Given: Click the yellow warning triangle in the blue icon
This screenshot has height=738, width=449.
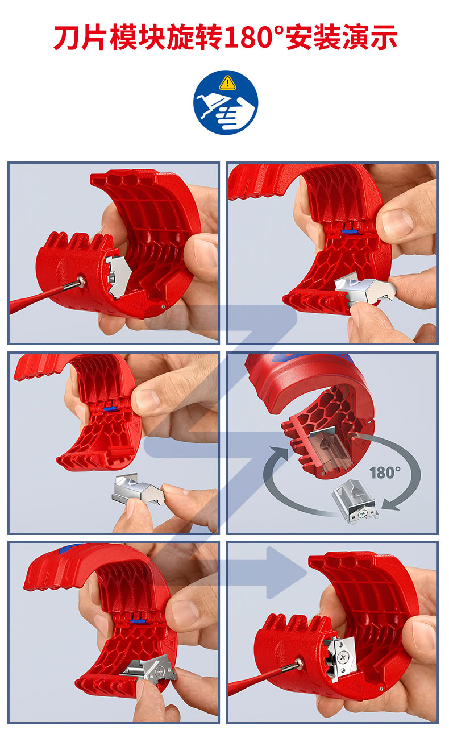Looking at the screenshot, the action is [x=228, y=82].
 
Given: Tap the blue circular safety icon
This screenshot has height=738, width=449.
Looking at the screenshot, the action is [x=226, y=102].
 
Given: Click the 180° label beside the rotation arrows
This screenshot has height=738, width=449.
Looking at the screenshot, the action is [x=385, y=473].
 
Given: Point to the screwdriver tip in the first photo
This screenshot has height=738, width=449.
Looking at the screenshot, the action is [x=79, y=283].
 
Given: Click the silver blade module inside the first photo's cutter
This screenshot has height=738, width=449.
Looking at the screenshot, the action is [x=117, y=276].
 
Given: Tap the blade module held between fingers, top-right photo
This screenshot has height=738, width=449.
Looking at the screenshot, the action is [x=363, y=291].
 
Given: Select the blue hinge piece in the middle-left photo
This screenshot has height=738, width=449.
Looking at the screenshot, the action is [x=110, y=409].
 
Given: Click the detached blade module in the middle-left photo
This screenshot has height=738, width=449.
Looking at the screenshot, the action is [x=138, y=488].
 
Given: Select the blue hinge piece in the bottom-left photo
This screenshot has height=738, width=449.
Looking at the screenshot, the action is [x=137, y=621].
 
